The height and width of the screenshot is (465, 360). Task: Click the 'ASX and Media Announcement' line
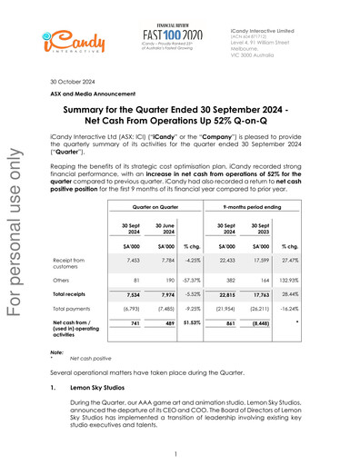(x=94, y=94)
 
